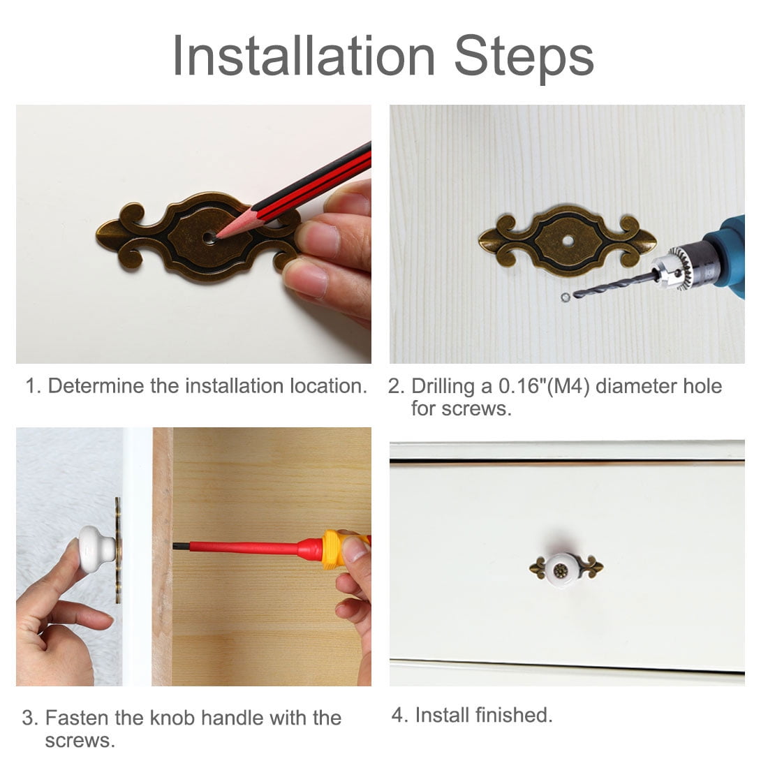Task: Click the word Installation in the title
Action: point(304,57)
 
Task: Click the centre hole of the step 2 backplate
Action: point(568,240)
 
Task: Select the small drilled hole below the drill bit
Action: point(566,297)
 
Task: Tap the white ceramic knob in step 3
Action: point(97,550)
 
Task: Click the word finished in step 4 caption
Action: point(513,715)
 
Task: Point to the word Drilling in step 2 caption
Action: point(443,387)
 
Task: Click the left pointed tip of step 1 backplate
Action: point(97,234)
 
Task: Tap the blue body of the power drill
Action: point(725,255)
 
